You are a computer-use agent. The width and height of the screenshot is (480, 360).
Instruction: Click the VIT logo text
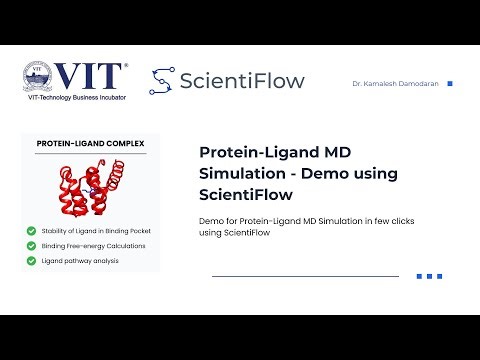coord(92,75)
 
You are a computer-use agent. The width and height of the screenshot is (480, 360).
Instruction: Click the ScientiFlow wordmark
coord(241,81)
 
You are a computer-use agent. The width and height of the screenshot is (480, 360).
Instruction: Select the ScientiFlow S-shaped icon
coord(162,81)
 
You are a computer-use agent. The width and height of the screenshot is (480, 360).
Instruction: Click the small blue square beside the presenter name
coord(449,84)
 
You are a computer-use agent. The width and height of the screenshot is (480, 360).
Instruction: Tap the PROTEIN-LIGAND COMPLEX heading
coord(90,144)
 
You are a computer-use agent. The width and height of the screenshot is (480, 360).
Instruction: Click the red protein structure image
coord(90,189)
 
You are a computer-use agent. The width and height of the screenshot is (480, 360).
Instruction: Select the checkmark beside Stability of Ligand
coord(32,230)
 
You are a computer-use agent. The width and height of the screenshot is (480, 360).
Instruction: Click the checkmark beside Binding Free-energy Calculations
coord(32,245)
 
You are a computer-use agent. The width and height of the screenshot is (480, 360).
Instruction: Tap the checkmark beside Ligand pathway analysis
coord(32,260)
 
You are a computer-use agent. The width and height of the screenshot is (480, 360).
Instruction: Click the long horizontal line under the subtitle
coord(305,276)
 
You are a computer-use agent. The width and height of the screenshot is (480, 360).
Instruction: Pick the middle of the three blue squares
coord(429,276)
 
